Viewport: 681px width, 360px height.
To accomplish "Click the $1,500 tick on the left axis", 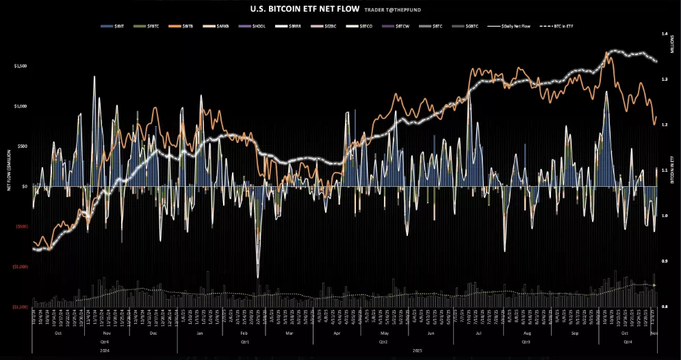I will tap(21, 66).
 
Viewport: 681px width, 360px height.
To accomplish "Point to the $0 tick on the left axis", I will tap(25, 186).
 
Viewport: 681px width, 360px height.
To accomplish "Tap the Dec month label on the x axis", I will tap(153, 333).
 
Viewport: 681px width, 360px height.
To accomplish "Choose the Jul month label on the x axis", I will tap(478, 333).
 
